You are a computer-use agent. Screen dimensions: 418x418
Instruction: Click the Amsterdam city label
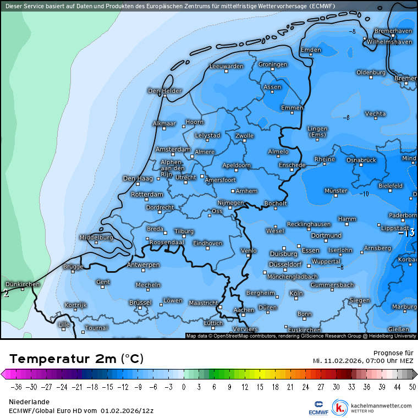pyautogui.click(x=173, y=150)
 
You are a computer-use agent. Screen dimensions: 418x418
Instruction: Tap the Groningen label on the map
pyautogui.click(x=273, y=65)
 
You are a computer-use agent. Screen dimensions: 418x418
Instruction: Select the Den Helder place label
pyautogui.click(x=164, y=91)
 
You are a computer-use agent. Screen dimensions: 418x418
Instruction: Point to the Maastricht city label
pyautogui.click(x=203, y=303)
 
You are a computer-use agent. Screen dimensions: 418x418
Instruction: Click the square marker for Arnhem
pyautogui.click(x=233, y=191)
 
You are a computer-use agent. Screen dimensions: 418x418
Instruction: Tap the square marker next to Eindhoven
pyautogui.click(x=208, y=248)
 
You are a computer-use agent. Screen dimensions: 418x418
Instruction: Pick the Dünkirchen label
pyautogui.click(x=23, y=284)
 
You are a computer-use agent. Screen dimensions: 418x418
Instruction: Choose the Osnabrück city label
pyautogui.click(x=361, y=160)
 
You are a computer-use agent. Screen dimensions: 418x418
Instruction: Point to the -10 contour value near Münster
pyautogui.click(x=364, y=194)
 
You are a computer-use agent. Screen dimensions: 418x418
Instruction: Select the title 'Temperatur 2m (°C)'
pyautogui.click(x=76, y=359)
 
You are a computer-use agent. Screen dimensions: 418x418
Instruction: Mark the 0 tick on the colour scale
pyautogui.click(x=184, y=387)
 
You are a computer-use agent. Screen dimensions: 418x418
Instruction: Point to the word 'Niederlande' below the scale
pyautogui.click(x=29, y=402)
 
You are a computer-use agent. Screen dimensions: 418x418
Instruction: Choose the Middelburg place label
pyautogui.click(x=96, y=238)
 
